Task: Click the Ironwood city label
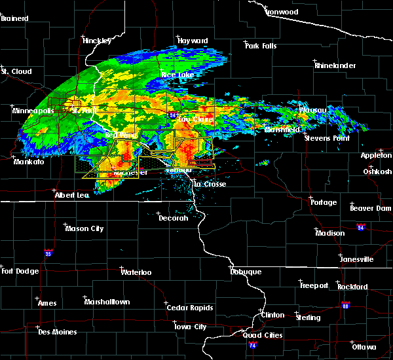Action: click(x=282, y=12)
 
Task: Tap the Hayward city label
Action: click(x=193, y=41)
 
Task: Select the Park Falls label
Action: click(x=261, y=45)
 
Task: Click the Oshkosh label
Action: click(x=377, y=171)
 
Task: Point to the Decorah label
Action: click(x=174, y=218)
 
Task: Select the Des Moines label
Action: click(x=57, y=332)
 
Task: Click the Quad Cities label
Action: click(x=263, y=335)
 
